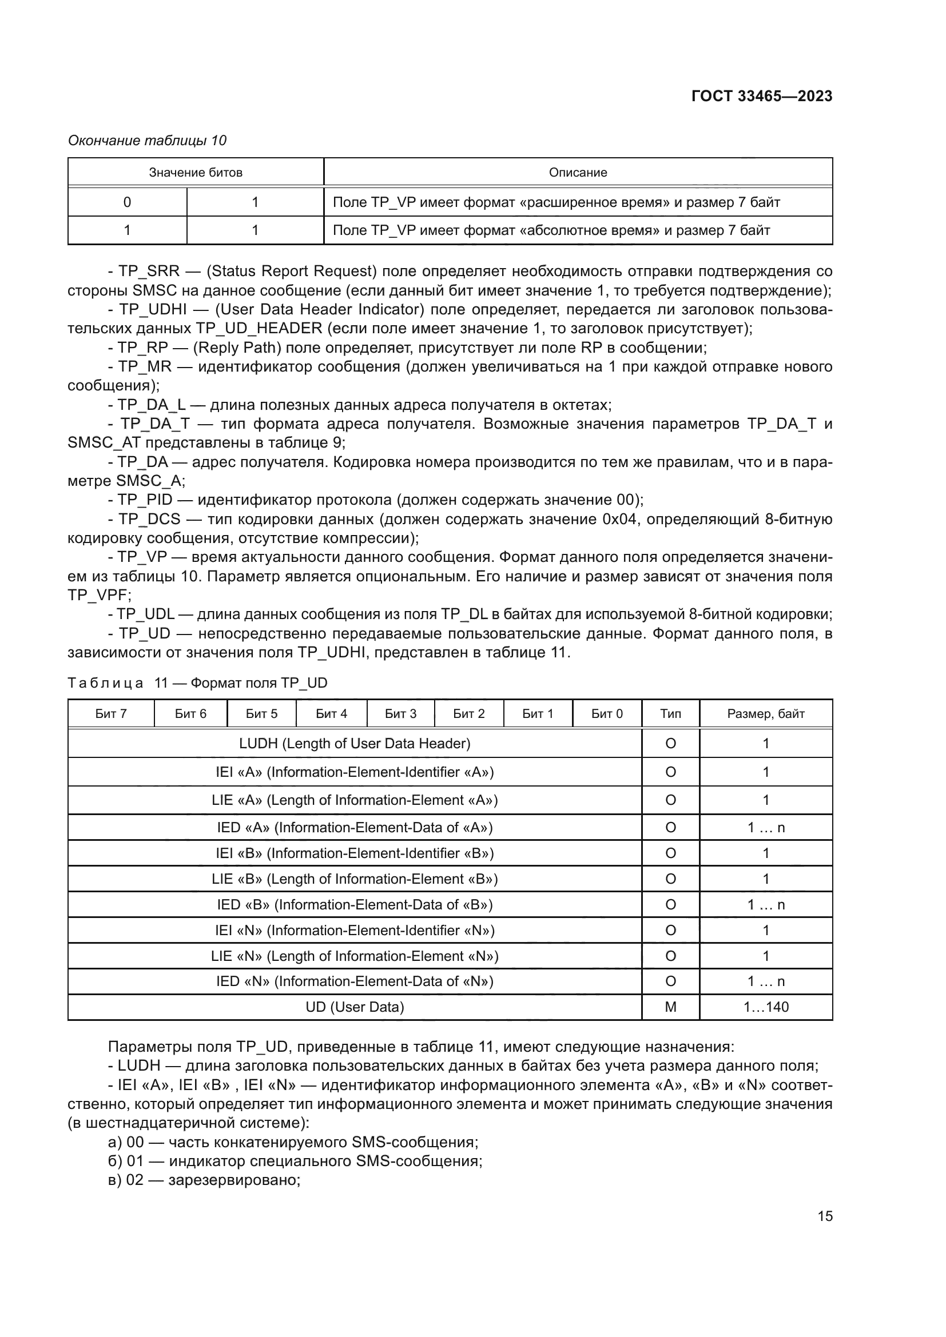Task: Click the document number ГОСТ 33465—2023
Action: pyautogui.click(x=761, y=96)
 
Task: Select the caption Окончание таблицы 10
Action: pyautogui.click(x=147, y=141)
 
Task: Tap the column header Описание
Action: pyautogui.click(x=577, y=173)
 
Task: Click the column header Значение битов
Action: pyautogui.click(x=195, y=173)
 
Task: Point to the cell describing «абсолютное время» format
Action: pyautogui.click(x=551, y=230)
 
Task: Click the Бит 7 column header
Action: pyautogui.click(x=111, y=713)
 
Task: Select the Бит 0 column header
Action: pyautogui.click(x=606, y=713)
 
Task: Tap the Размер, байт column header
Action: pyautogui.click(x=765, y=713)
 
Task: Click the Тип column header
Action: pyautogui.click(x=670, y=713)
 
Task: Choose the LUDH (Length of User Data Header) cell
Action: pyautogui.click(x=354, y=743)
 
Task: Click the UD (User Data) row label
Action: pyautogui.click(x=354, y=1007)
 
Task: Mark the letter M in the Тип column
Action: pyautogui.click(x=670, y=1007)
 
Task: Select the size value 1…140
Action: pyautogui.click(x=765, y=1007)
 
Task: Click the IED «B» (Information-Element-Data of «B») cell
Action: pyautogui.click(x=354, y=904)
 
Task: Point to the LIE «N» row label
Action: pyautogui.click(x=354, y=956)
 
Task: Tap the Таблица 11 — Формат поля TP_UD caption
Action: pyautogui.click(x=197, y=683)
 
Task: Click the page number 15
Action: pyautogui.click(x=824, y=1216)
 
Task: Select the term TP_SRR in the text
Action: pyautogui.click(x=144, y=272)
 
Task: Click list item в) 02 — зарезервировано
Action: pyautogui.click(x=204, y=1180)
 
